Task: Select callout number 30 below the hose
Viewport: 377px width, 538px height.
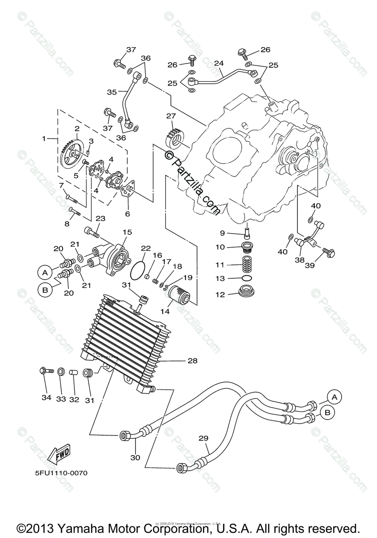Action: [135, 457]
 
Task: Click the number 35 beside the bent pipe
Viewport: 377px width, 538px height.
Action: [111, 92]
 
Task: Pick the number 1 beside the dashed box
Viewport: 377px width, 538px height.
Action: [44, 139]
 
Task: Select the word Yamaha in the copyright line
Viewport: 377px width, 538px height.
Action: [76, 528]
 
